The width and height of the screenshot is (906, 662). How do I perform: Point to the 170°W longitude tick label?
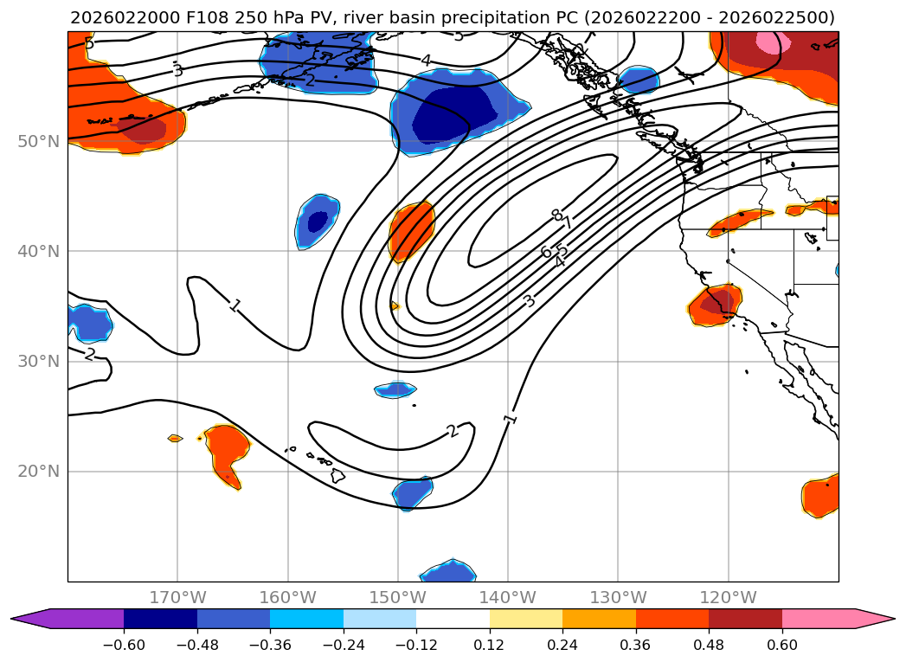(x=177, y=597)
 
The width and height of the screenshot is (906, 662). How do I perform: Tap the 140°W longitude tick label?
(x=507, y=597)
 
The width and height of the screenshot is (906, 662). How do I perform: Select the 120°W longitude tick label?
(x=728, y=597)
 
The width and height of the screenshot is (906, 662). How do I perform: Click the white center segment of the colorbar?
(x=453, y=619)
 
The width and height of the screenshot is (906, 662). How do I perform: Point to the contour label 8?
(x=556, y=215)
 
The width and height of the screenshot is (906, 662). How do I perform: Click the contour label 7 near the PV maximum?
(x=567, y=223)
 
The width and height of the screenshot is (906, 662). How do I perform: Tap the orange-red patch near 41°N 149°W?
(x=411, y=229)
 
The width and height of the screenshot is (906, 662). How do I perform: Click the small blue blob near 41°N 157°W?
(x=318, y=222)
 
